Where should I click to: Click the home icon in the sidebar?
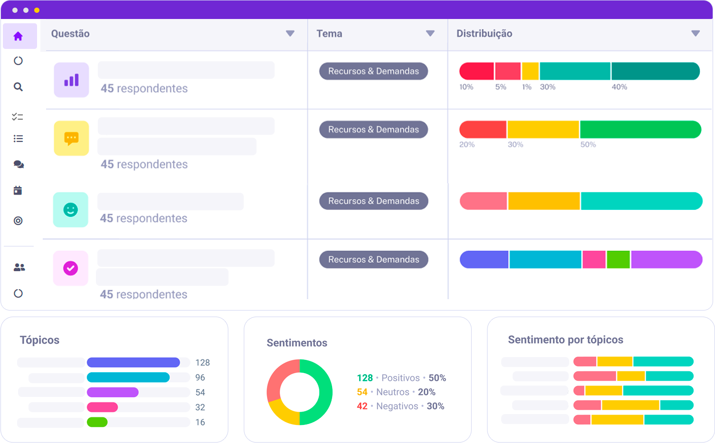click(x=18, y=36)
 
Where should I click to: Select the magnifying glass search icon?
click(x=18, y=87)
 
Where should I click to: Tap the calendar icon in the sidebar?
click(x=18, y=190)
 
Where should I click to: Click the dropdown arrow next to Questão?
click(x=290, y=34)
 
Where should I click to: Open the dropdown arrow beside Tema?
click(x=430, y=34)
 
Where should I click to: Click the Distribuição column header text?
click(x=484, y=34)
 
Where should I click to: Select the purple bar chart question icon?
click(x=71, y=80)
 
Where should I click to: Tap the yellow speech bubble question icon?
click(x=71, y=138)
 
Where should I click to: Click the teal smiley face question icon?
click(x=71, y=210)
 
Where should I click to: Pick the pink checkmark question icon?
click(x=71, y=268)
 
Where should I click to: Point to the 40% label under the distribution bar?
click(x=619, y=87)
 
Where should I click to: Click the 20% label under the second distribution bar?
click(x=467, y=144)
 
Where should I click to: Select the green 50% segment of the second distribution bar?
click(x=640, y=130)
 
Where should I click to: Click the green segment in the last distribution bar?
click(x=618, y=260)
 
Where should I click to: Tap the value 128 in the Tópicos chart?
click(x=202, y=363)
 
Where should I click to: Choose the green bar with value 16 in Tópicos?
click(x=97, y=422)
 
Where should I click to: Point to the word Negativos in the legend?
click(x=397, y=406)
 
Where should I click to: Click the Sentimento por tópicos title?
click(x=565, y=340)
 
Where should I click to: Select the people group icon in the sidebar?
click(x=19, y=267)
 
